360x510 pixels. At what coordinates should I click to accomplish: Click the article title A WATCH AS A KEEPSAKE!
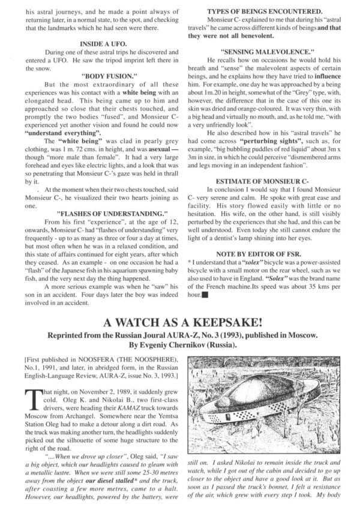[181, 320]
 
